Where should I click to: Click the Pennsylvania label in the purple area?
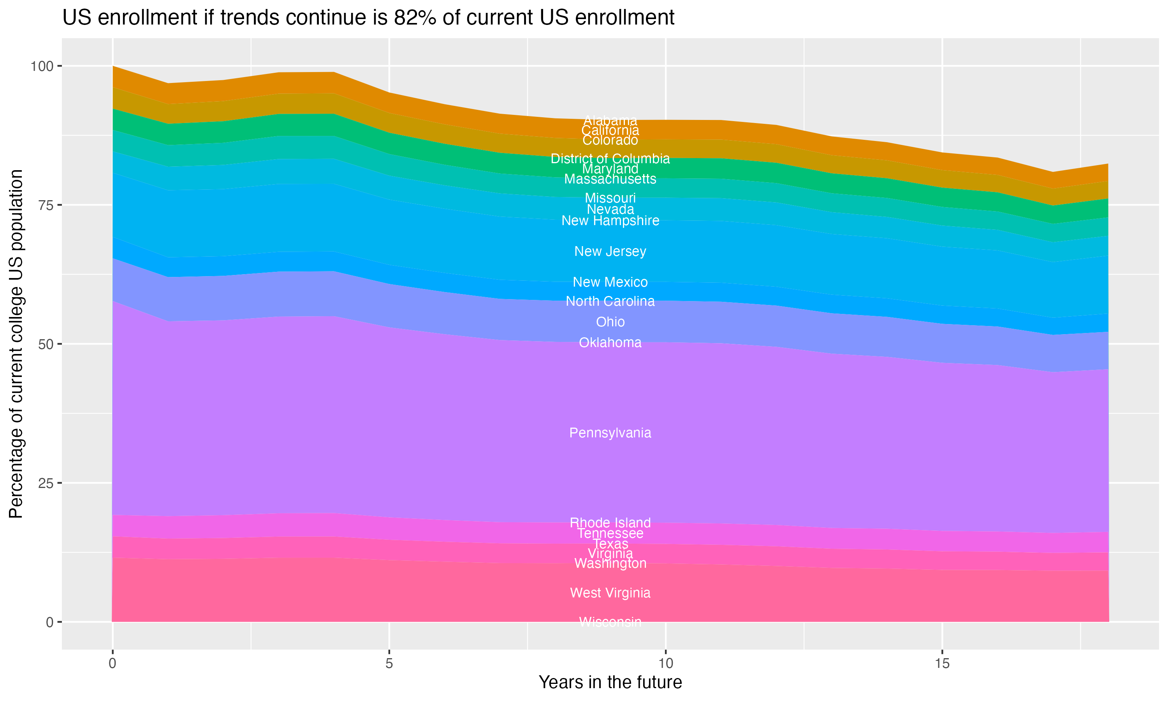(x=610, y=433)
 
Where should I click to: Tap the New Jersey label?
(x=610, y=251)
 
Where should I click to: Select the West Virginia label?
(x=610, y=593)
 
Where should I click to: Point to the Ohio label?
(x=610, y=322)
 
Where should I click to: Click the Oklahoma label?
(x=610, y=342)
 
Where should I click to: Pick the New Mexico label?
(x=610, y=282)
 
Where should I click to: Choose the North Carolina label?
(x=610, y=301)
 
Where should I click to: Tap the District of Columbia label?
(x=610, y=159)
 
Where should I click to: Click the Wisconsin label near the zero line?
(x=610, y=622)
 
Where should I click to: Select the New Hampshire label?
(x=610, y=220)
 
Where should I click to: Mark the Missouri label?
(x=610, y=198)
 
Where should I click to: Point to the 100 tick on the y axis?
(x=42, y=66)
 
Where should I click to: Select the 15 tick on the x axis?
(x=942, y=664)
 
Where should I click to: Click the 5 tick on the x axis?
(x=389, y=664)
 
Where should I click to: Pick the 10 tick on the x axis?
(x=665, y=664)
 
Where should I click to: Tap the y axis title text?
(x=16, y=344)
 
